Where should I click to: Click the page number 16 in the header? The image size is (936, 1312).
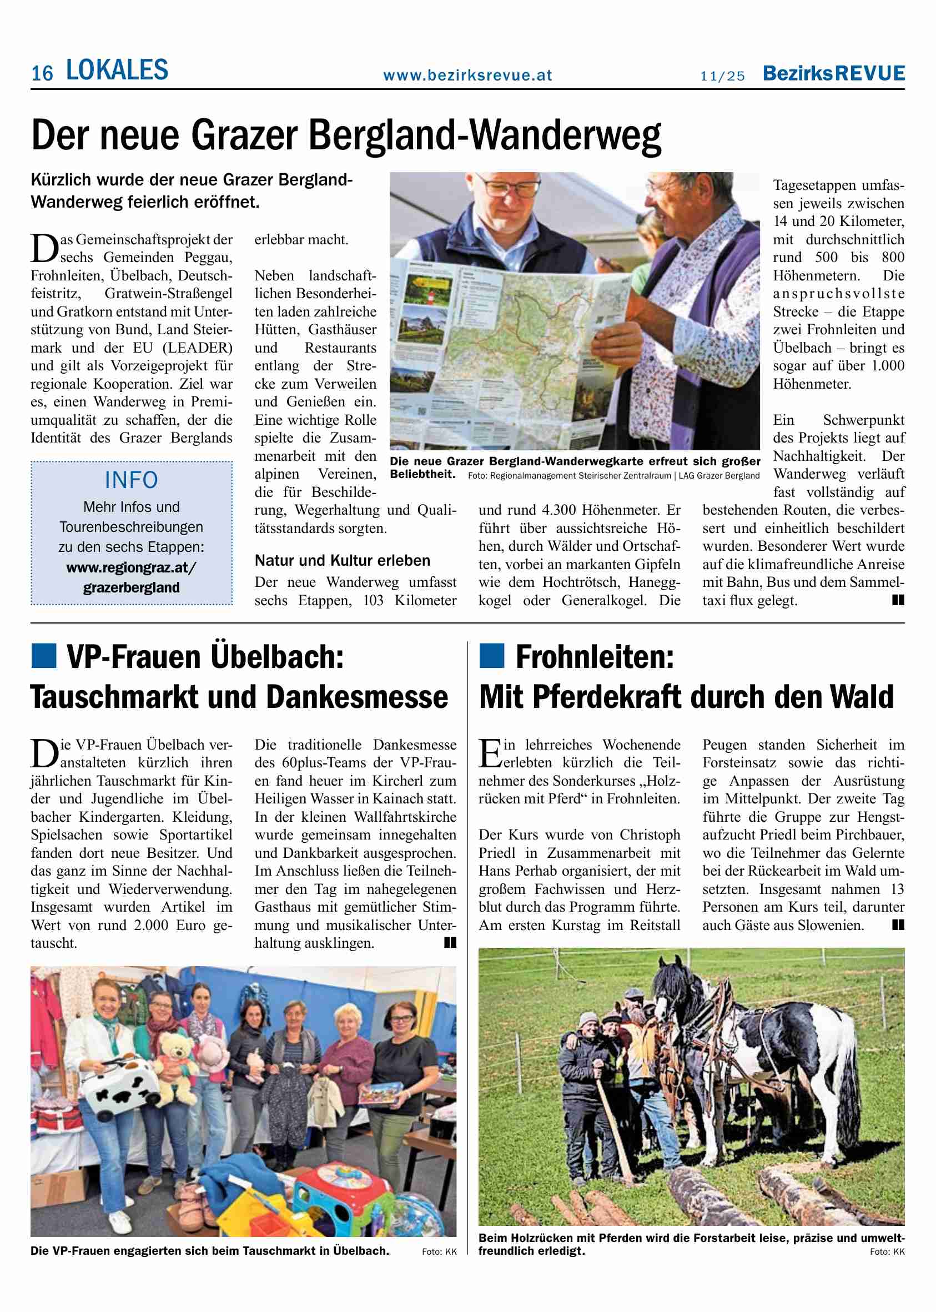tap(42, 73)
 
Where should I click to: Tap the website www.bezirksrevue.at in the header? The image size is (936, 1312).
tap(467, 75)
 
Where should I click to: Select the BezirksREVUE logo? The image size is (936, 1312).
tap(833, 73)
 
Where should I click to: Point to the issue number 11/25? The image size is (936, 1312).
tap(723, 76)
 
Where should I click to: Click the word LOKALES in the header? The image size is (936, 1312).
tap(117, 71)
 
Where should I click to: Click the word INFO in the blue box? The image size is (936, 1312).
tap(132, 480)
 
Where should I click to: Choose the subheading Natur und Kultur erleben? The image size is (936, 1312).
tap(343, 560)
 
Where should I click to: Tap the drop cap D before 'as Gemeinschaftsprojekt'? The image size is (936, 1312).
tap(44, 248)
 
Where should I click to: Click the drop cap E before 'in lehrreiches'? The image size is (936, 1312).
tap(490, 753)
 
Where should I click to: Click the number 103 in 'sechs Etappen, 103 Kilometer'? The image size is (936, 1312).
tap(373, 601)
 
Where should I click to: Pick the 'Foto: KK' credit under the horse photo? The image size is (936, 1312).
tap(887, 1251)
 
